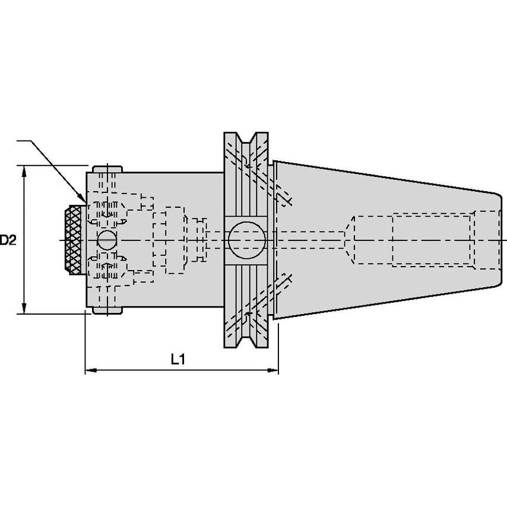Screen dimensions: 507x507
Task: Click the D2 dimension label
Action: [x=8, y=240]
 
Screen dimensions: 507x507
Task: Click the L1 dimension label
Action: [x=178, y=359]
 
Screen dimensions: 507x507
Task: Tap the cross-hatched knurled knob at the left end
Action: [x=74, y=240]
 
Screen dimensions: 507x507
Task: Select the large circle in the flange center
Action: [x=247, y=240]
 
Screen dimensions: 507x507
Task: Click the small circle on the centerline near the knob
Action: [x=107, y=240]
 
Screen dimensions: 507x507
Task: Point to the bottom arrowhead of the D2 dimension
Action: [x=24, y=309]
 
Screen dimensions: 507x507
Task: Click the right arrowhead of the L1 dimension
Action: [x=272, y=370]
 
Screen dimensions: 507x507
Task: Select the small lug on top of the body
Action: [x=107, y=169]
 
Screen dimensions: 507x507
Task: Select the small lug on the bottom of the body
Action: [x=107, y=310]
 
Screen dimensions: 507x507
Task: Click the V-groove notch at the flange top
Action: [x=246, y=139]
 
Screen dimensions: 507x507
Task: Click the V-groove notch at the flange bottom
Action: [x=246, y=341]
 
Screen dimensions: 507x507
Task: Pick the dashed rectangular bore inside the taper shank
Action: [x=432, y=240]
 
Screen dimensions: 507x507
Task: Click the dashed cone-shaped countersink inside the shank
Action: [x=349, y=240]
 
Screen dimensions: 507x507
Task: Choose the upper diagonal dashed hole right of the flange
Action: [x=283, y=195]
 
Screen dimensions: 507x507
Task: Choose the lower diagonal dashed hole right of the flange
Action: [x=283, y=285]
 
